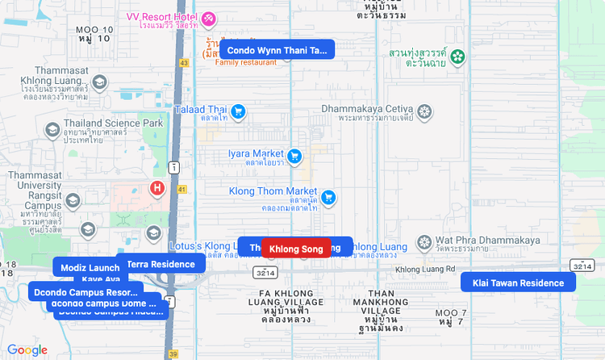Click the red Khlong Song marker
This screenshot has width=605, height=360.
296,249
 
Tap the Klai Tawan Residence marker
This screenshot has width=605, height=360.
518,283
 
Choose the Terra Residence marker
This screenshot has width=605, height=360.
161,264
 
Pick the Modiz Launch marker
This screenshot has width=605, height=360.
90,268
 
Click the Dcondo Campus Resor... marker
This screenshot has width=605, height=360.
86,291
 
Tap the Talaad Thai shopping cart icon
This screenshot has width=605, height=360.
238,111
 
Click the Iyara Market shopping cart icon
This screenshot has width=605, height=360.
294,154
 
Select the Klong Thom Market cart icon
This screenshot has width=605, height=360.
328,196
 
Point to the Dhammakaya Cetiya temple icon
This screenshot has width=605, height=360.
424,110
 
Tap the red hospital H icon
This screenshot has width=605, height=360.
157,189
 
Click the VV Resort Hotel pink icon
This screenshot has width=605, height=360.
208,18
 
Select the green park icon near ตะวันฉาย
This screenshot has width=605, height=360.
457,57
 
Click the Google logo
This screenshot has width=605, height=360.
27,350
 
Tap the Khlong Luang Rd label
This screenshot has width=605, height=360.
426,269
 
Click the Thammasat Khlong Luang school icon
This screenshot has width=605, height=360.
99,82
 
